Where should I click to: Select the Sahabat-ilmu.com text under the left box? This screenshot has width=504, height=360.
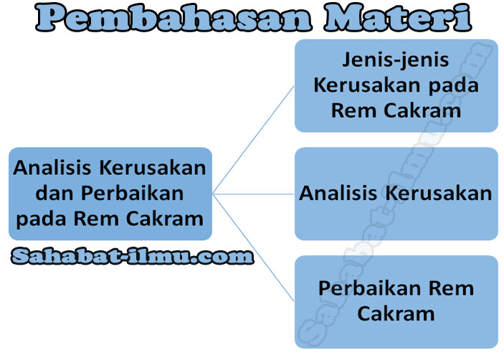coord(133,256)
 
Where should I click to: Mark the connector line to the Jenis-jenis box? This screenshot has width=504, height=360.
coord(255,139)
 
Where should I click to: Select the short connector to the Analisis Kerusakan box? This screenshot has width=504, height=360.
coord(254,194)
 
